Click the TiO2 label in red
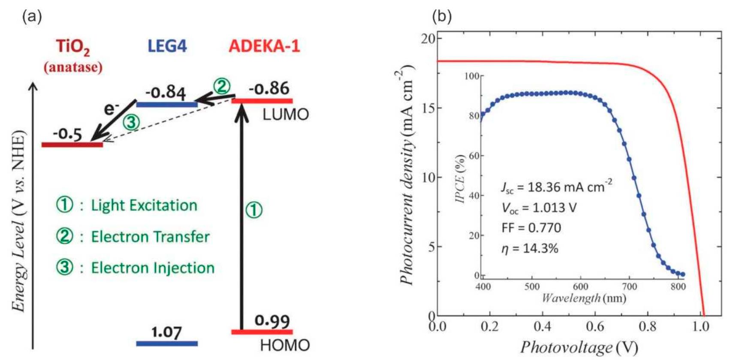tap(73, 47)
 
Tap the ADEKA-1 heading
tap(264, 46)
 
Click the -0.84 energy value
tap(166, 92)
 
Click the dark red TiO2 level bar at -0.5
tap(72, 145)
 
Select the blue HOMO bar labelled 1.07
tap(167, 343)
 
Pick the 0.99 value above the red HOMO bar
tap(272, 321)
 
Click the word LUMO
tap(285, 115)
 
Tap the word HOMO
tap(285, 345)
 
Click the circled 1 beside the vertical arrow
tap(253, 210)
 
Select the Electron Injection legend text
tap(152, 268)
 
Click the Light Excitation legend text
tap(144, 205)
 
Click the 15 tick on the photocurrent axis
tap(428, 108)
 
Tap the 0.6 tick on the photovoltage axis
tap(594, 327)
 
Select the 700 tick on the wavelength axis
tap(629, 287)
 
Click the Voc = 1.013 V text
tap(539, 208)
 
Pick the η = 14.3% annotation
tap(530, 248)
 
